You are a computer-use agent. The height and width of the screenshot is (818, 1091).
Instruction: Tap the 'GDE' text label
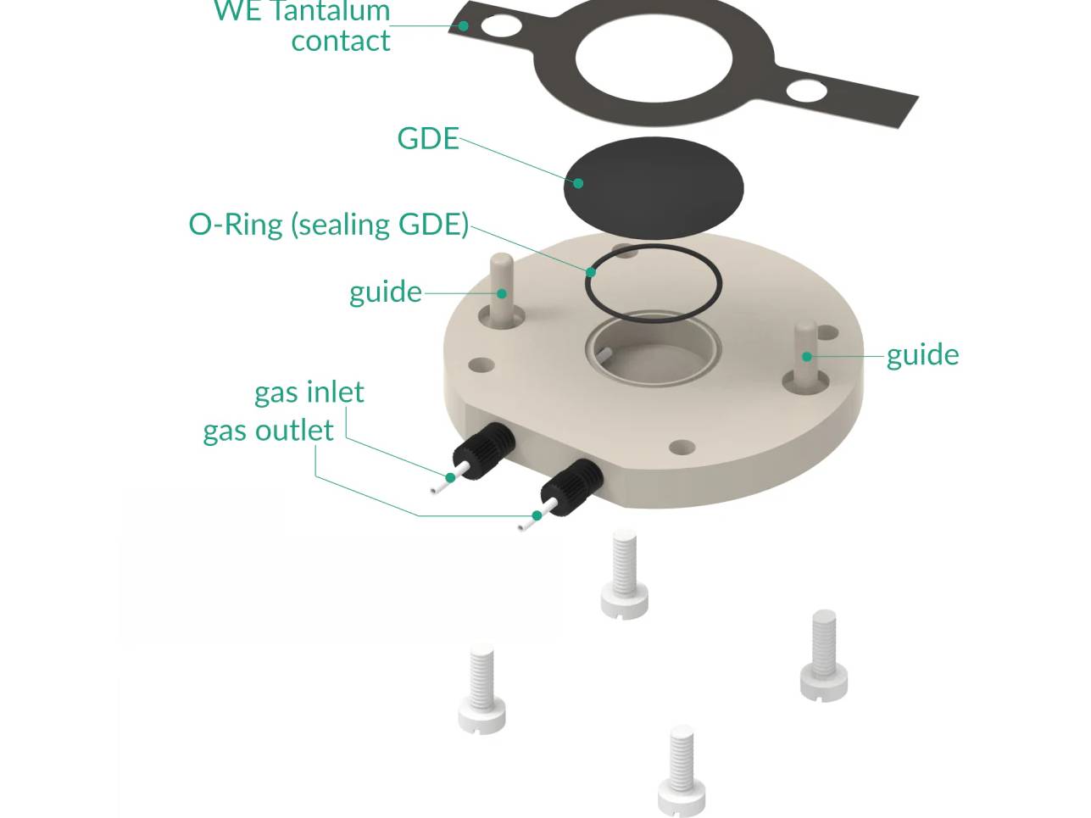(x=427, y=138)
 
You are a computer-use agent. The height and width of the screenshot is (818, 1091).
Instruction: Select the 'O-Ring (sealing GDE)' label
(x=328, y=224)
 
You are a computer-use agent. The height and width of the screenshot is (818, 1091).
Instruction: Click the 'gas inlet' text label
(x=309, y=392)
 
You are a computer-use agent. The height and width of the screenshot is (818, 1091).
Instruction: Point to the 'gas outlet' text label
(x=268, y=431)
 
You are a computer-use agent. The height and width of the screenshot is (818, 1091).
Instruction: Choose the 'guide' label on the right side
(x=922, y=354)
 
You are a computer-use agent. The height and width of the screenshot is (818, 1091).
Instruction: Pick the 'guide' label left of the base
(x=385, y=292)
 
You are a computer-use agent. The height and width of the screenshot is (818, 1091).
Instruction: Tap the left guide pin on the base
(x=502, y=288)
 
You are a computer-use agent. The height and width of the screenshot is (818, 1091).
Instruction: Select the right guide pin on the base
(x=805, y=352)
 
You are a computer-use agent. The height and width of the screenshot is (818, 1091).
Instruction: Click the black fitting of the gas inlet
(x=484, y=450)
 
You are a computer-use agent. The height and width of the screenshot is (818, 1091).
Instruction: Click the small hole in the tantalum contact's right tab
(x=805, y=90)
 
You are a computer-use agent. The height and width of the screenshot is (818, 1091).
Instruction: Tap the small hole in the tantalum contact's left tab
(x=501, y=25)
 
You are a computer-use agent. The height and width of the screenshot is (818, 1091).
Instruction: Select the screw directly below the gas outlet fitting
(x=624, y=575)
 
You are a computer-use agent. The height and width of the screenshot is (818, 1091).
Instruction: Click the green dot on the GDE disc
(x=578, y=183)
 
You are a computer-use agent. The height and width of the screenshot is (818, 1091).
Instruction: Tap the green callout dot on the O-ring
(x=591, y=272)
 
